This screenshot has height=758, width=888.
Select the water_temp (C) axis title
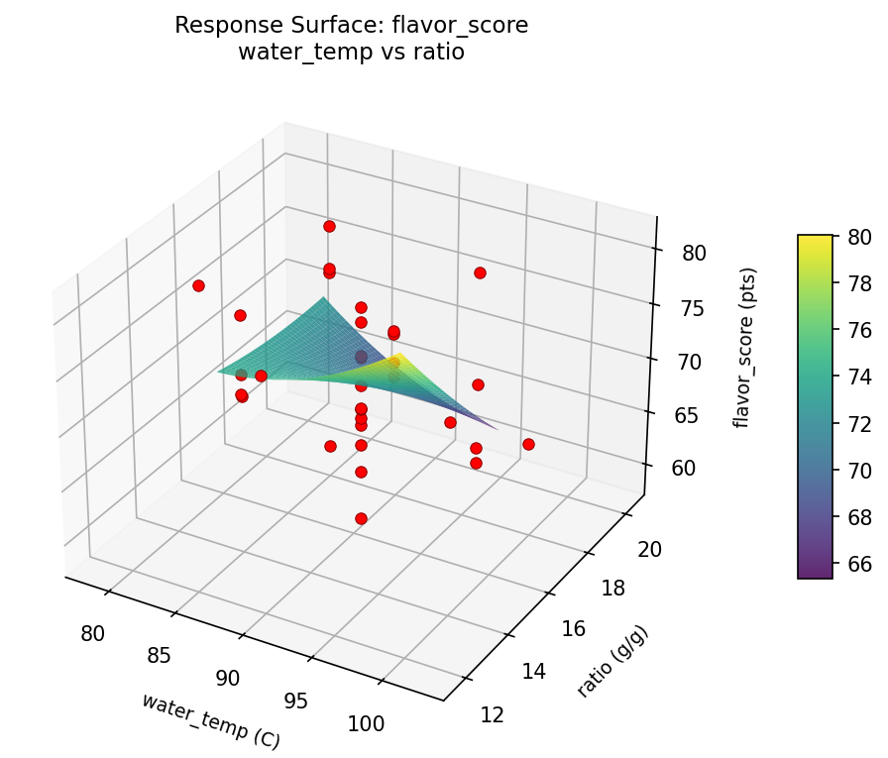[x=210, y=719]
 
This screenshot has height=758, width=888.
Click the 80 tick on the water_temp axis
[x=94, y=633]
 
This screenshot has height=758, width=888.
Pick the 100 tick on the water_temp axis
[x=367, y=723]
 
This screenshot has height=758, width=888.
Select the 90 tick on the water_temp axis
[x=228, y=678]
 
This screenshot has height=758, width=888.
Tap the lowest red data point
[x=361, y=518]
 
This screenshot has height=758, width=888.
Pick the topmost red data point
[x=329, y=227]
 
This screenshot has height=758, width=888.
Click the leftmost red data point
[x=198, y=286]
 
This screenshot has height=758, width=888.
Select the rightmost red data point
[x=528, y=444]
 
